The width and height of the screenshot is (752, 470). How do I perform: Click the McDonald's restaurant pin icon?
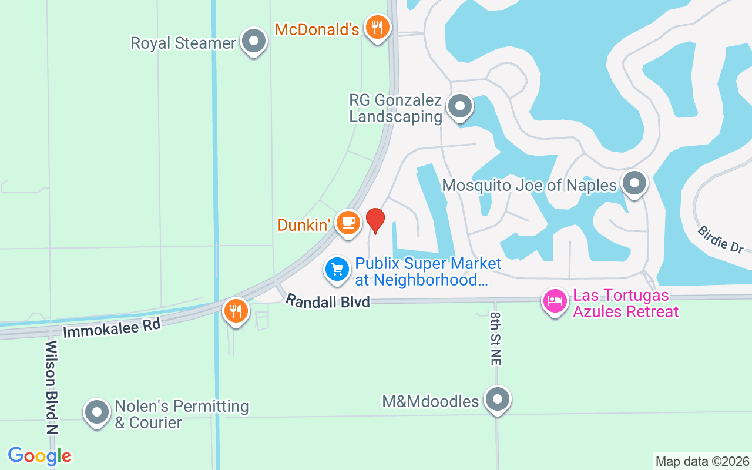(x=377, y=28)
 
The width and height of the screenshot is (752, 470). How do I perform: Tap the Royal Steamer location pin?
(x=254, y=42)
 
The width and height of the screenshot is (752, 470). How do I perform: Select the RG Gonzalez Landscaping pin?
(x=460, y=106)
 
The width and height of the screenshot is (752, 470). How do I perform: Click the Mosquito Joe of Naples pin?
(x=634, y=183)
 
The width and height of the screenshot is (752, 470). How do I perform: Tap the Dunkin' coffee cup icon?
(x=348, y=222)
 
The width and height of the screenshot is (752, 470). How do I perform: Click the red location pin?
(x=375, y=220)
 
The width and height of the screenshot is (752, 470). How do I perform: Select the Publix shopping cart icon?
(x=337, y=270)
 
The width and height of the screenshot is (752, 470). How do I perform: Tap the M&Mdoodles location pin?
(x=498, y=399)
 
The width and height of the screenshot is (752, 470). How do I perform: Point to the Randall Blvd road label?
(x=328, y=301)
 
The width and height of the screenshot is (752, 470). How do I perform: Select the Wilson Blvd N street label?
(x=52, y=387)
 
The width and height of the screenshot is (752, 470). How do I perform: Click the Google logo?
(x=39, y=456)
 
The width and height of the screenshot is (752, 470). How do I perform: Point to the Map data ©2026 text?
(x=703, y=461)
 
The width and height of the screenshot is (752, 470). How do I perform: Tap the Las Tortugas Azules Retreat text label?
(x=626, y=303)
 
